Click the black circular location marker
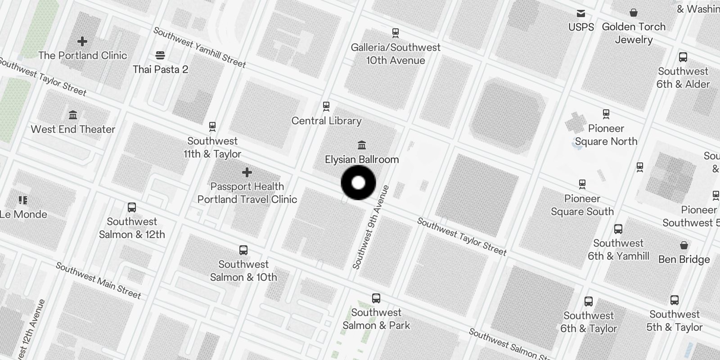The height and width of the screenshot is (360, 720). (358, 183)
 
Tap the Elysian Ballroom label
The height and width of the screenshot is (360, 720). (362, 159)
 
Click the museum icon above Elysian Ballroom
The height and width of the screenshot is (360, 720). (362, 145)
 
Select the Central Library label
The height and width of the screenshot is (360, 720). (326, 121)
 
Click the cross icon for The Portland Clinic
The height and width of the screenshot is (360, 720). (82, 41)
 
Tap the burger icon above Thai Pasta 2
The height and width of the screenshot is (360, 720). (160, 55)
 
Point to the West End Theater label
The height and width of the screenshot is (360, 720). (73, 129)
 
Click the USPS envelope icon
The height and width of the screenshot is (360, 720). (581, 13)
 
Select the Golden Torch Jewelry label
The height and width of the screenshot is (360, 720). (634, 33)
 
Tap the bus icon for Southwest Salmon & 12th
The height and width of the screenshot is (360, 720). (132, 207)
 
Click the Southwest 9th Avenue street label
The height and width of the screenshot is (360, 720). (371, 227)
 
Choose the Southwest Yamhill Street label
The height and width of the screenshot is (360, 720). (200, 47)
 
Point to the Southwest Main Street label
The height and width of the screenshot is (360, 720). (99, 281)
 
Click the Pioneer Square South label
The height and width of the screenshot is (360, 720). (582, 205)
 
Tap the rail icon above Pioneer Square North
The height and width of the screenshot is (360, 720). (606, 114)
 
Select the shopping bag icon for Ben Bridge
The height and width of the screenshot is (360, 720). (684, 245)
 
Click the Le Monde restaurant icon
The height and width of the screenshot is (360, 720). (23, 200)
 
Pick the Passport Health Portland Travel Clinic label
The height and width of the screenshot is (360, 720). (247, 193)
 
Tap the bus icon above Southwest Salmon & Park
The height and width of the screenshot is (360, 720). (376, 298)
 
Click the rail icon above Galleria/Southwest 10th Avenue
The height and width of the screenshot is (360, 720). (396, 33)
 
